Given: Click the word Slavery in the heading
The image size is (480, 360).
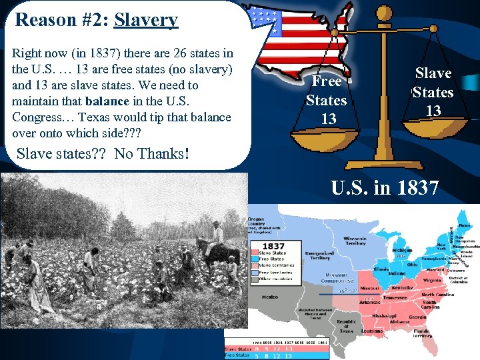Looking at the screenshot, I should pyautogui.click(x=146, y=20).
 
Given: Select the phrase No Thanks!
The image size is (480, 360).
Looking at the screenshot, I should pyautogui.click(x=151, y=154).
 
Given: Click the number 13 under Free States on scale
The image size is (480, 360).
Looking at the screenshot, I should pyautogui.click(x=328, y=119).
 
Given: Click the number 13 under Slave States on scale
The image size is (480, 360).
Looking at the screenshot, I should pyautogui.click(x=433, y=111).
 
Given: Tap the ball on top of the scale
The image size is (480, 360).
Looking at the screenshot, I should pyautogui.click(x=384, y=12).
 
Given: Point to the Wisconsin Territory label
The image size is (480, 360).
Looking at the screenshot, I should pyautogui.click(x=355, y=241).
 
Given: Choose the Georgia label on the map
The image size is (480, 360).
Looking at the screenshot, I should pyautogui.click(x=417, y=317).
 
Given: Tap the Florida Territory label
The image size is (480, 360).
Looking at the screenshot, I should pyautogui.click(x=423, y=333).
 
